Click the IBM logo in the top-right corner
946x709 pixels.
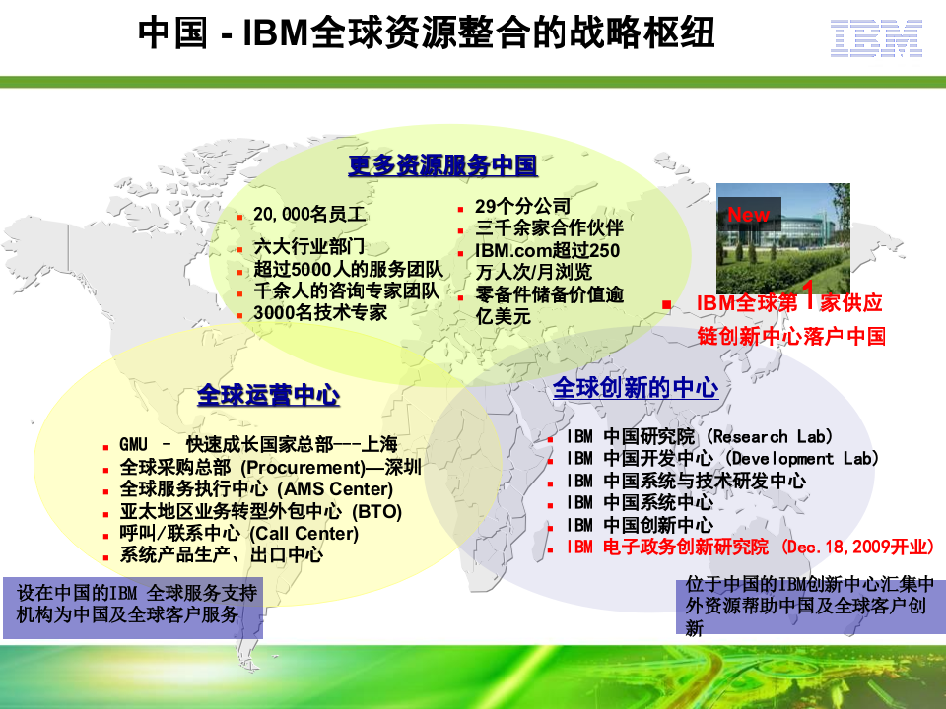point(875,38)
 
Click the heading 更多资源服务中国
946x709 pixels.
point(442,165)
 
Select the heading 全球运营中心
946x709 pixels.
point(268,396)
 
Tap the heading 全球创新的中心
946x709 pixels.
point(635,387)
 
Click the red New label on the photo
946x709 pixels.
point(749,214)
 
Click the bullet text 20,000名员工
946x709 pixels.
point(309,214)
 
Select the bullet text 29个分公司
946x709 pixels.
point(522,206)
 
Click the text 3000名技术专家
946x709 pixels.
point(320,313)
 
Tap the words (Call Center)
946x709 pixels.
point(304,533)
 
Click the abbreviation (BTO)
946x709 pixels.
point(376,511)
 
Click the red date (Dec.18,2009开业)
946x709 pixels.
point(857,547)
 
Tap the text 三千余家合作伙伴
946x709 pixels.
point(549,228)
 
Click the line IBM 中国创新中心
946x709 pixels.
point(640,525)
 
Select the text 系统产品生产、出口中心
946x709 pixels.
point(222,554)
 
